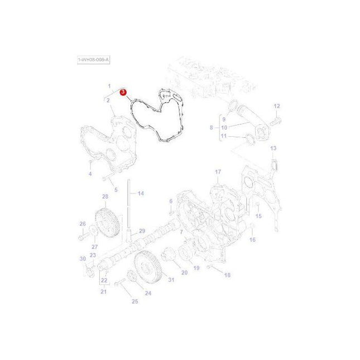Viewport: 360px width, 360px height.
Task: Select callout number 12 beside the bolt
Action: [x=276, y=106]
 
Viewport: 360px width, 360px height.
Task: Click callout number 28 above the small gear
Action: [x=104, y=197]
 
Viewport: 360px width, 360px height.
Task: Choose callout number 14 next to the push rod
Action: [x=141, y=193]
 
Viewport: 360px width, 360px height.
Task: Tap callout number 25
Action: [x=135, y=301]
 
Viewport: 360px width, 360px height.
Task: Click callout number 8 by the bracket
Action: [x=212, y=128]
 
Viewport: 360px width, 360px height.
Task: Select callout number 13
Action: [x=273, y=148]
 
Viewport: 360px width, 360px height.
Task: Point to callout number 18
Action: [x=227, y=275]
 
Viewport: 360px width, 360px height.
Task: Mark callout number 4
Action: [x=89, y=174]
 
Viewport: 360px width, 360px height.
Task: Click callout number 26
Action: [x=83, y=224]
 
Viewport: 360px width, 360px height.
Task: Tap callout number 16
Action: [x=252, y=239]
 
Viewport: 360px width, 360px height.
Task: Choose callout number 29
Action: [x=142, y=231]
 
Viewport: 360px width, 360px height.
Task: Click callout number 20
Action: [x=184, y=272]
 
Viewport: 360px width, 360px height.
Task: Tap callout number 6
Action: [x=171, y=201]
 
